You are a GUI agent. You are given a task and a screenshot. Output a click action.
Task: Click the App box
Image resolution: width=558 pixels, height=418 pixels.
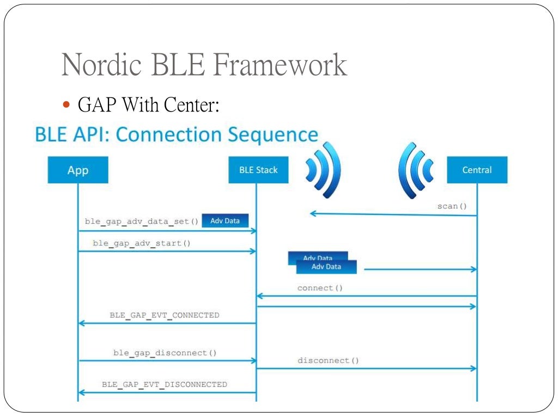pos(77,170)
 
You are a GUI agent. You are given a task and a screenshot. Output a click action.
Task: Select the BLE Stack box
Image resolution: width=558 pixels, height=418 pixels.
pos(258,170)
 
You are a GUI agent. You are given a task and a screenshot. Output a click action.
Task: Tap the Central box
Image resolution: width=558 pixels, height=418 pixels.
pos(477,170)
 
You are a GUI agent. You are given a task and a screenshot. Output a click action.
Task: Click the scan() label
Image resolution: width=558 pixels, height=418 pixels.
pos(452,206)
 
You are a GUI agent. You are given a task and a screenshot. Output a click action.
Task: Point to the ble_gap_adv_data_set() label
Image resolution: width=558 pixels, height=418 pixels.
pos(142,221)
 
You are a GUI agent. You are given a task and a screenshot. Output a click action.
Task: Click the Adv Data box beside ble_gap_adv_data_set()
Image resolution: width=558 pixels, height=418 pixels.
pos(225,220)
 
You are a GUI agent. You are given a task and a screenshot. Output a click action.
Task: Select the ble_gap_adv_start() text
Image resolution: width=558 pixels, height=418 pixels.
pos(142,243)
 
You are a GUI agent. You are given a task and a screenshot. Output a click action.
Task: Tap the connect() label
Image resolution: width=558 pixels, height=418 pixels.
pos(320,288)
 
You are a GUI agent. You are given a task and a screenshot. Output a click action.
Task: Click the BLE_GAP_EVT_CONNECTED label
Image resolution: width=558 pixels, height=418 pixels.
pos(165,315)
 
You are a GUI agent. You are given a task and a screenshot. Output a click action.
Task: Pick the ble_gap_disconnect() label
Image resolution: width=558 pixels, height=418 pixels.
pos(165,353)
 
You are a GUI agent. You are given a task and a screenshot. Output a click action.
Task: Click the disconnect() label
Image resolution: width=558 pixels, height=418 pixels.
pos(328,360)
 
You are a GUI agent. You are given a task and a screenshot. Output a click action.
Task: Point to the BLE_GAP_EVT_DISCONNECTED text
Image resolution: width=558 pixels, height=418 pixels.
pos(165,384)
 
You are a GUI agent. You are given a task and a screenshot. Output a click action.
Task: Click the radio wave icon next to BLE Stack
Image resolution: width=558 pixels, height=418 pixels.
pos(323,169)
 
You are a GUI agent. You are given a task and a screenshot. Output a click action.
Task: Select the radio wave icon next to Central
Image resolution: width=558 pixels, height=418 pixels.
pos(416,169)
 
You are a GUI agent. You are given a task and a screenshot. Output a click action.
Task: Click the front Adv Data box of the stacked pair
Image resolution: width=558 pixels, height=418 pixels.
pos(326,267)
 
